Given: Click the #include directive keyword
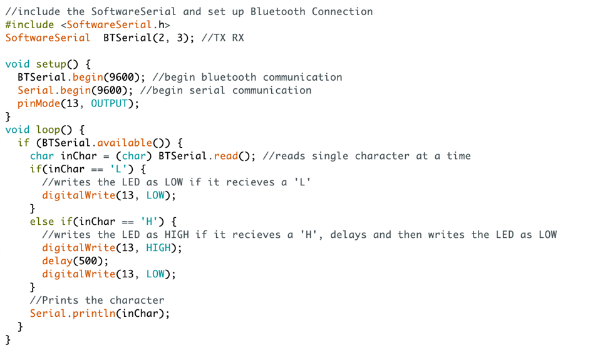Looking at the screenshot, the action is coord(29,24).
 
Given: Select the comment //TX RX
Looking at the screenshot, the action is coord(223,38).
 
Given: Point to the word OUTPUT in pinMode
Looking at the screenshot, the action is coord(109,103).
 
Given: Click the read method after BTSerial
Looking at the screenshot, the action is coord(226,156).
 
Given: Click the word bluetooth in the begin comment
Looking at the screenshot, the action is coord(229,77).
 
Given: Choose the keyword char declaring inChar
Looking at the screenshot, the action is coord(41,156).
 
